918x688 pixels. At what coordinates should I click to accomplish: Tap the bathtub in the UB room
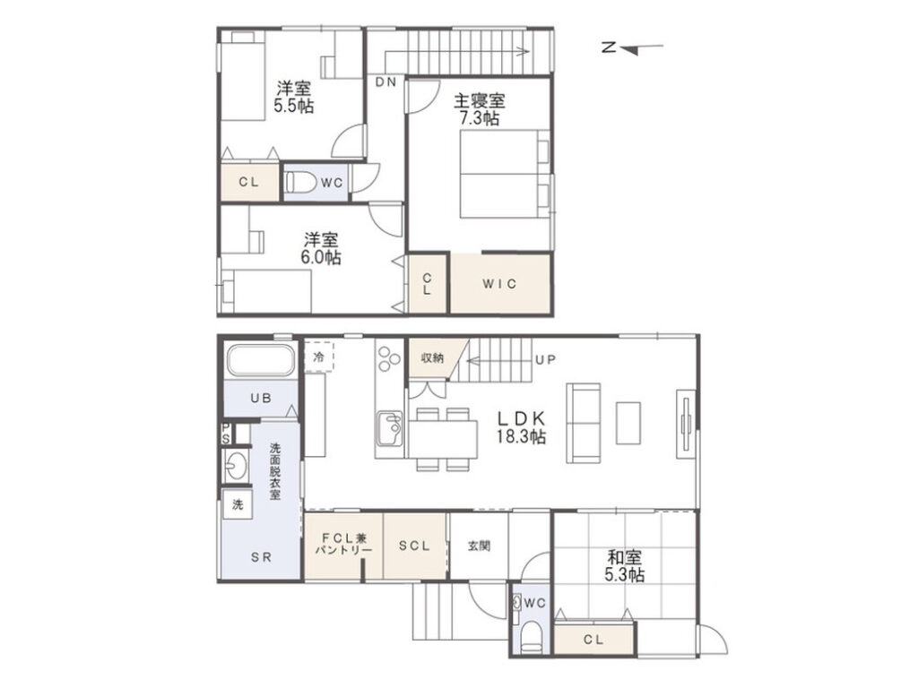(x=261, y=360)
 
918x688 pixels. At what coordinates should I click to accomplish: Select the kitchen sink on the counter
(x=389, y=428)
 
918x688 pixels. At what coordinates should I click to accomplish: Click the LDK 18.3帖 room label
(x=521, y=427)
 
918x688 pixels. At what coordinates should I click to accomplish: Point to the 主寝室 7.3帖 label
(x=480, y=109)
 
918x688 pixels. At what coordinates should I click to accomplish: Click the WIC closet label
(x=499, y=284)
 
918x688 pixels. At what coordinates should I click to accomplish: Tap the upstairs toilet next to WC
(x=298, y=182)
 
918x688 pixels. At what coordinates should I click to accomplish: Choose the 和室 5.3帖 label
(x=625, y=566)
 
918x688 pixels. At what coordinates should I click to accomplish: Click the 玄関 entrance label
(x=479, y=546)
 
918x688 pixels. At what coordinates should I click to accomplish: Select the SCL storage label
(x=414, y=546)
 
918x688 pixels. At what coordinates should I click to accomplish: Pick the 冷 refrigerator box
(x=318, y=357)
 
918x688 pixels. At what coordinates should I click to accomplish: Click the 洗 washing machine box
(x=238, y=503)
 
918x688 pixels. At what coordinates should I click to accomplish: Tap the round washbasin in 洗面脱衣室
(x=236, y=466)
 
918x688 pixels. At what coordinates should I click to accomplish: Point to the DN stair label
(x=386, y=82)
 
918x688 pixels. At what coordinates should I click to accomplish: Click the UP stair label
(x=545, y=360)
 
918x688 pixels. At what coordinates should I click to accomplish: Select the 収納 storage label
(x=432, y=357)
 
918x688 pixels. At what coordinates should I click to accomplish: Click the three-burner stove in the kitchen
(x=389, y=358)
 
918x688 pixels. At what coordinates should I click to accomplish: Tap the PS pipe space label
(x=226, y=434)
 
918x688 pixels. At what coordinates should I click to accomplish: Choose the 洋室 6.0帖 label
(x=320, y=248)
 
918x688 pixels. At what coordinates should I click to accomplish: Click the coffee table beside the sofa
(x=628, y=423)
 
